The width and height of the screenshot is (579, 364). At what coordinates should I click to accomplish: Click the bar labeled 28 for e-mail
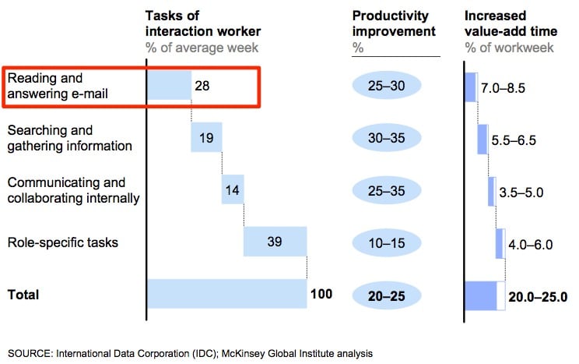[x=170, y=85]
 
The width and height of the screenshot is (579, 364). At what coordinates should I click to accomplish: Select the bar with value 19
[x=206, y=137]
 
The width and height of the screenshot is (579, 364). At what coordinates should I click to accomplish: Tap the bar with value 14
[x=233, y=189]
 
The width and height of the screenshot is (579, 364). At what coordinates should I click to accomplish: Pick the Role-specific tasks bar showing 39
[x=275, y=242]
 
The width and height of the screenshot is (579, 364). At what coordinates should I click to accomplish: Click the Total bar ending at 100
[x=226, y=294]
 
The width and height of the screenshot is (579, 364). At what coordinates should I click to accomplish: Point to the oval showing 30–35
[x=387, y=138]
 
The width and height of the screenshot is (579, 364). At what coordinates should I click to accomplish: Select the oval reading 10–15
[x=387, y=242]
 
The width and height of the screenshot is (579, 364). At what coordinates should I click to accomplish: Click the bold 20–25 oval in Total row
[x=387, y=295]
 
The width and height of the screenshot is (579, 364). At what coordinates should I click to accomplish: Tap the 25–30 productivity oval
[x=387, y=87]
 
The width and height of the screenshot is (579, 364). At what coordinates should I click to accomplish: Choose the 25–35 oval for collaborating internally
[x=387, y=190]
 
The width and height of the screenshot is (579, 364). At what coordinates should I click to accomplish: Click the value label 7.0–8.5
[x=504, y=88]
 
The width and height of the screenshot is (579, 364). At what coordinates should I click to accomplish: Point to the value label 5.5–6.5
[x=514, y=140]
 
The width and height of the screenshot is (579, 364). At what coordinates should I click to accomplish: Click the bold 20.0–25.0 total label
[x=538, y=297]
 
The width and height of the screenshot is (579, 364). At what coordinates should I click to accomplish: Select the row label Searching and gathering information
[x=69, y=137]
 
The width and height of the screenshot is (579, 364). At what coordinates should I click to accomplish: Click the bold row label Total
[x=23, y=295]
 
